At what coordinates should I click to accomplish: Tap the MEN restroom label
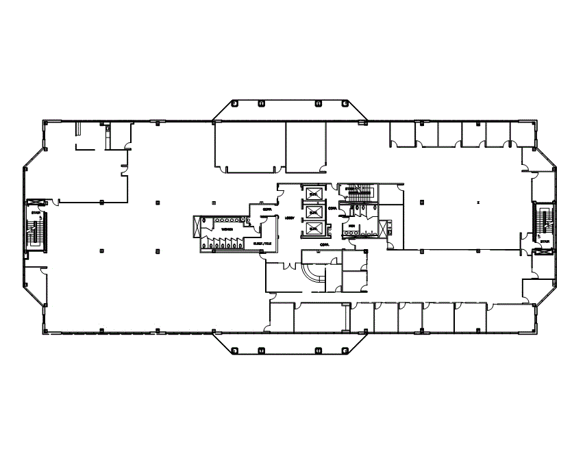coord(351,226)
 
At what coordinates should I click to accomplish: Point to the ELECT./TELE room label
coord(262,243)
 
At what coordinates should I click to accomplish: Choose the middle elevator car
coord(314,212)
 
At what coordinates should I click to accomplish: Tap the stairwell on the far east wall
coord(545,220)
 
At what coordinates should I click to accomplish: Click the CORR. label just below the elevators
coord(323,244)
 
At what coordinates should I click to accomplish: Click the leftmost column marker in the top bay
coord(234,103)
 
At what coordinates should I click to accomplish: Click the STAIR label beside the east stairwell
coord(545,242)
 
